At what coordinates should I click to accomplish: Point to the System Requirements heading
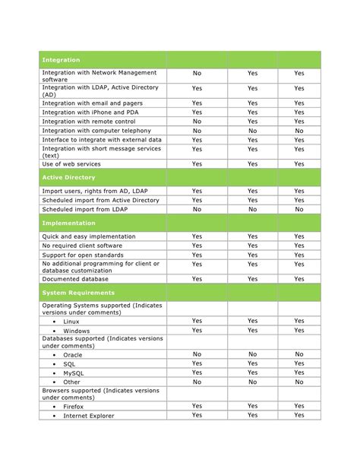pos(78,292)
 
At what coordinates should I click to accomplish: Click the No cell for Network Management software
pos(197,74)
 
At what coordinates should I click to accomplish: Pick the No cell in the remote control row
pos(197,121)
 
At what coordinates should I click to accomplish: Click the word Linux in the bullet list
pos(71,322)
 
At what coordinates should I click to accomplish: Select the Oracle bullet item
pos(73,354)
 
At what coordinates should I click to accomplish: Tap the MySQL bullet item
pos(73,372)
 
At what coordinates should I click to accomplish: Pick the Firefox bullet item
pos(74,406)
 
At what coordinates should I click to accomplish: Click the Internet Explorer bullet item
pos(89,416)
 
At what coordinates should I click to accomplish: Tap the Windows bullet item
pos(77,331)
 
